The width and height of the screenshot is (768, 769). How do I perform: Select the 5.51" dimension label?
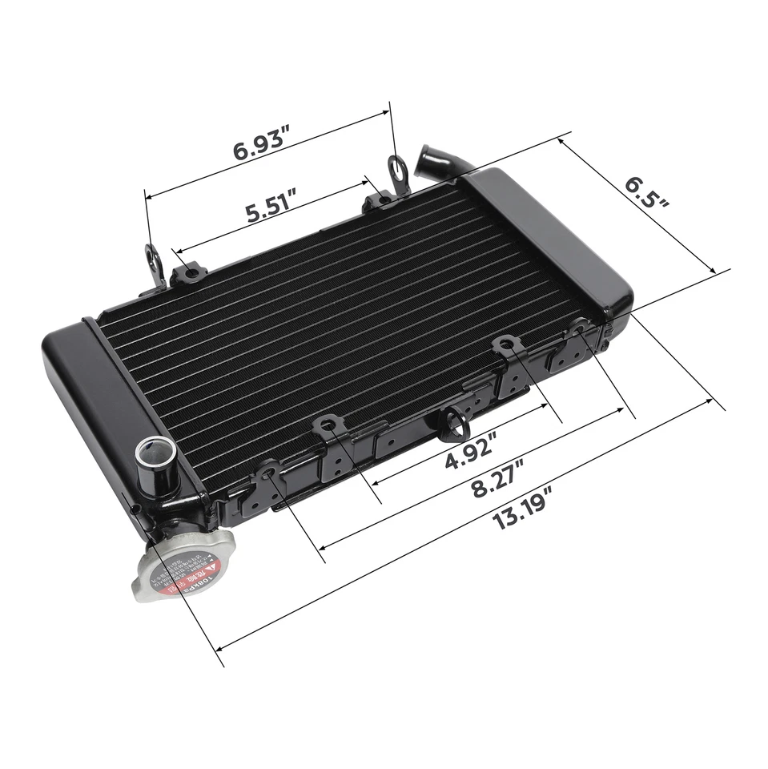271,211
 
